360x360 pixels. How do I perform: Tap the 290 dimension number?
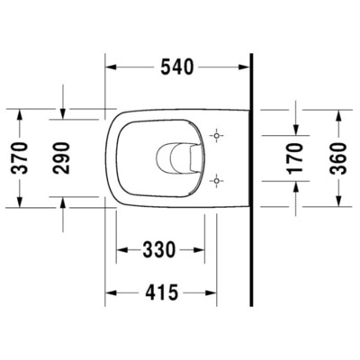[x=64, y=157]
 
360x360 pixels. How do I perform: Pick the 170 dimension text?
[x=297, y=157]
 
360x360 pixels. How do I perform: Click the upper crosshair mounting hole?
[x=214, y=136]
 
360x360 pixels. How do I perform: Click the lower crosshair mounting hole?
[x=214, y=180]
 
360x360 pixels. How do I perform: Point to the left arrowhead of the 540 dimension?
[x=111, y=66]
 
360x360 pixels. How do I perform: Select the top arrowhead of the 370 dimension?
[x=19, y=114]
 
